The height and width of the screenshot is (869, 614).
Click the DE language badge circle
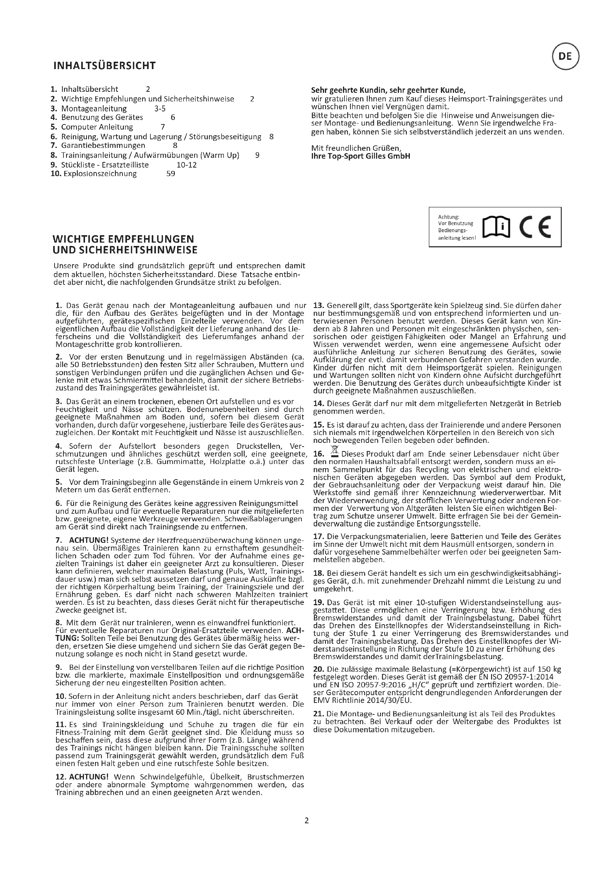point(566,57)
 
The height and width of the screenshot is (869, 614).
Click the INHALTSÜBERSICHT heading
point(104,66)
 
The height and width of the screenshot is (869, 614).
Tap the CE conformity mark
point(535,227)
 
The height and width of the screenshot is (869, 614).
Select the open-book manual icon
point(497,227)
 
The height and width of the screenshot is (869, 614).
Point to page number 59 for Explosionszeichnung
point(170,174)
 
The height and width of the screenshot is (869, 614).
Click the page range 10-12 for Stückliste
point(186,165)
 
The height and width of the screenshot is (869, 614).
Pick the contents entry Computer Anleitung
point(97,127)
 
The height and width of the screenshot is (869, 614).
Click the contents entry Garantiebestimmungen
point(103,145)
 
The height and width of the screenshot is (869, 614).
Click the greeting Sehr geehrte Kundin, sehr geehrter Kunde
point(388,90)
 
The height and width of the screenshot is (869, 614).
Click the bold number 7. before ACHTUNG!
point(59,540)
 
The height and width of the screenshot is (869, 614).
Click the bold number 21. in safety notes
point(319,714)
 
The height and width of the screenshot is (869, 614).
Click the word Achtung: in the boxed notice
point(448,217)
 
